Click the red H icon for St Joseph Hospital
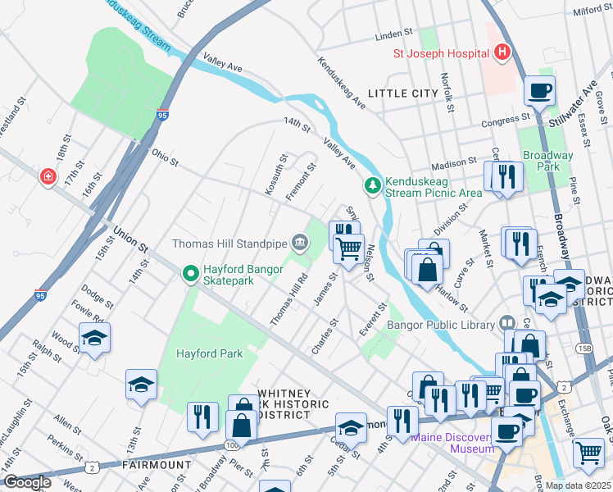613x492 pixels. click(x=502, y=54)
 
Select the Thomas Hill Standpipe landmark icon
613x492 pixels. click(x=300, y=243)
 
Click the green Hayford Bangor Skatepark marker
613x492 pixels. click(x=190, y=274)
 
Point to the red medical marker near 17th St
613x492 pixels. click(x=48, y=176)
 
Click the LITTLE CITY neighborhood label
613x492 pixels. click(x=402, y=93)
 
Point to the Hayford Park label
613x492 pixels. click(x=210, y=354)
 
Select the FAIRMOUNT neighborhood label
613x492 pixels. click(x=157, y=465)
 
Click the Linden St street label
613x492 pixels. click(x=392, y=35)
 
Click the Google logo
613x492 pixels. click(x=26, y=482)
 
